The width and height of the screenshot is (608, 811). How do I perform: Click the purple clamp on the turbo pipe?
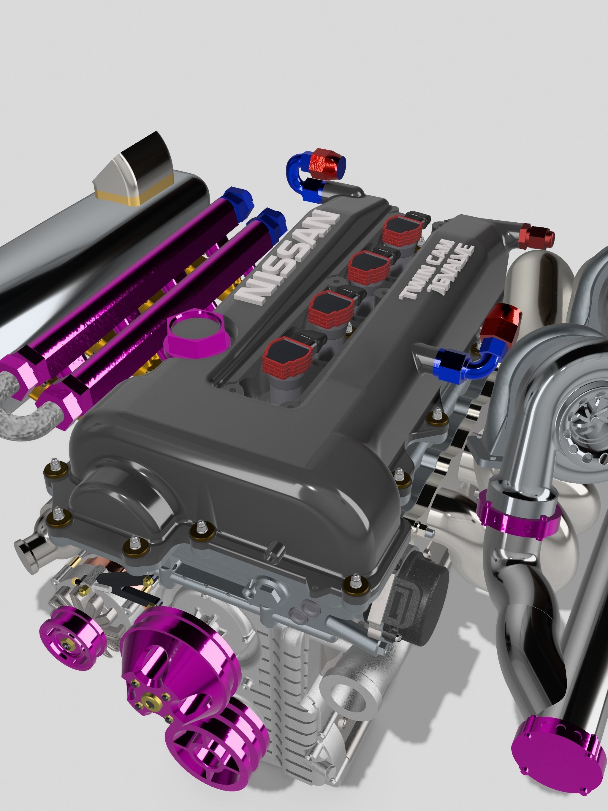tap(519, 513)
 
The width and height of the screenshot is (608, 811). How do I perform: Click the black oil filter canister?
tap(418, 601)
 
